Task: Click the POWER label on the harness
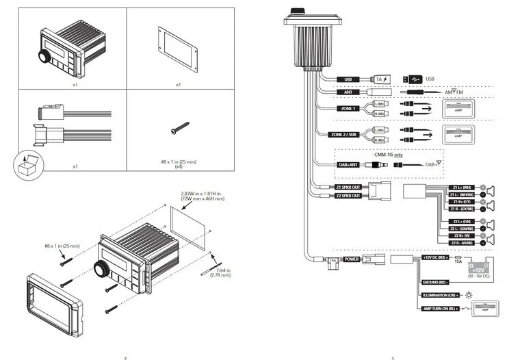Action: pos(352,259)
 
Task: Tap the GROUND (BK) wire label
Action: pos(434,281)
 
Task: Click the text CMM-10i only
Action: pos(388,155)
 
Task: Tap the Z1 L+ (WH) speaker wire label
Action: pos(463,187)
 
